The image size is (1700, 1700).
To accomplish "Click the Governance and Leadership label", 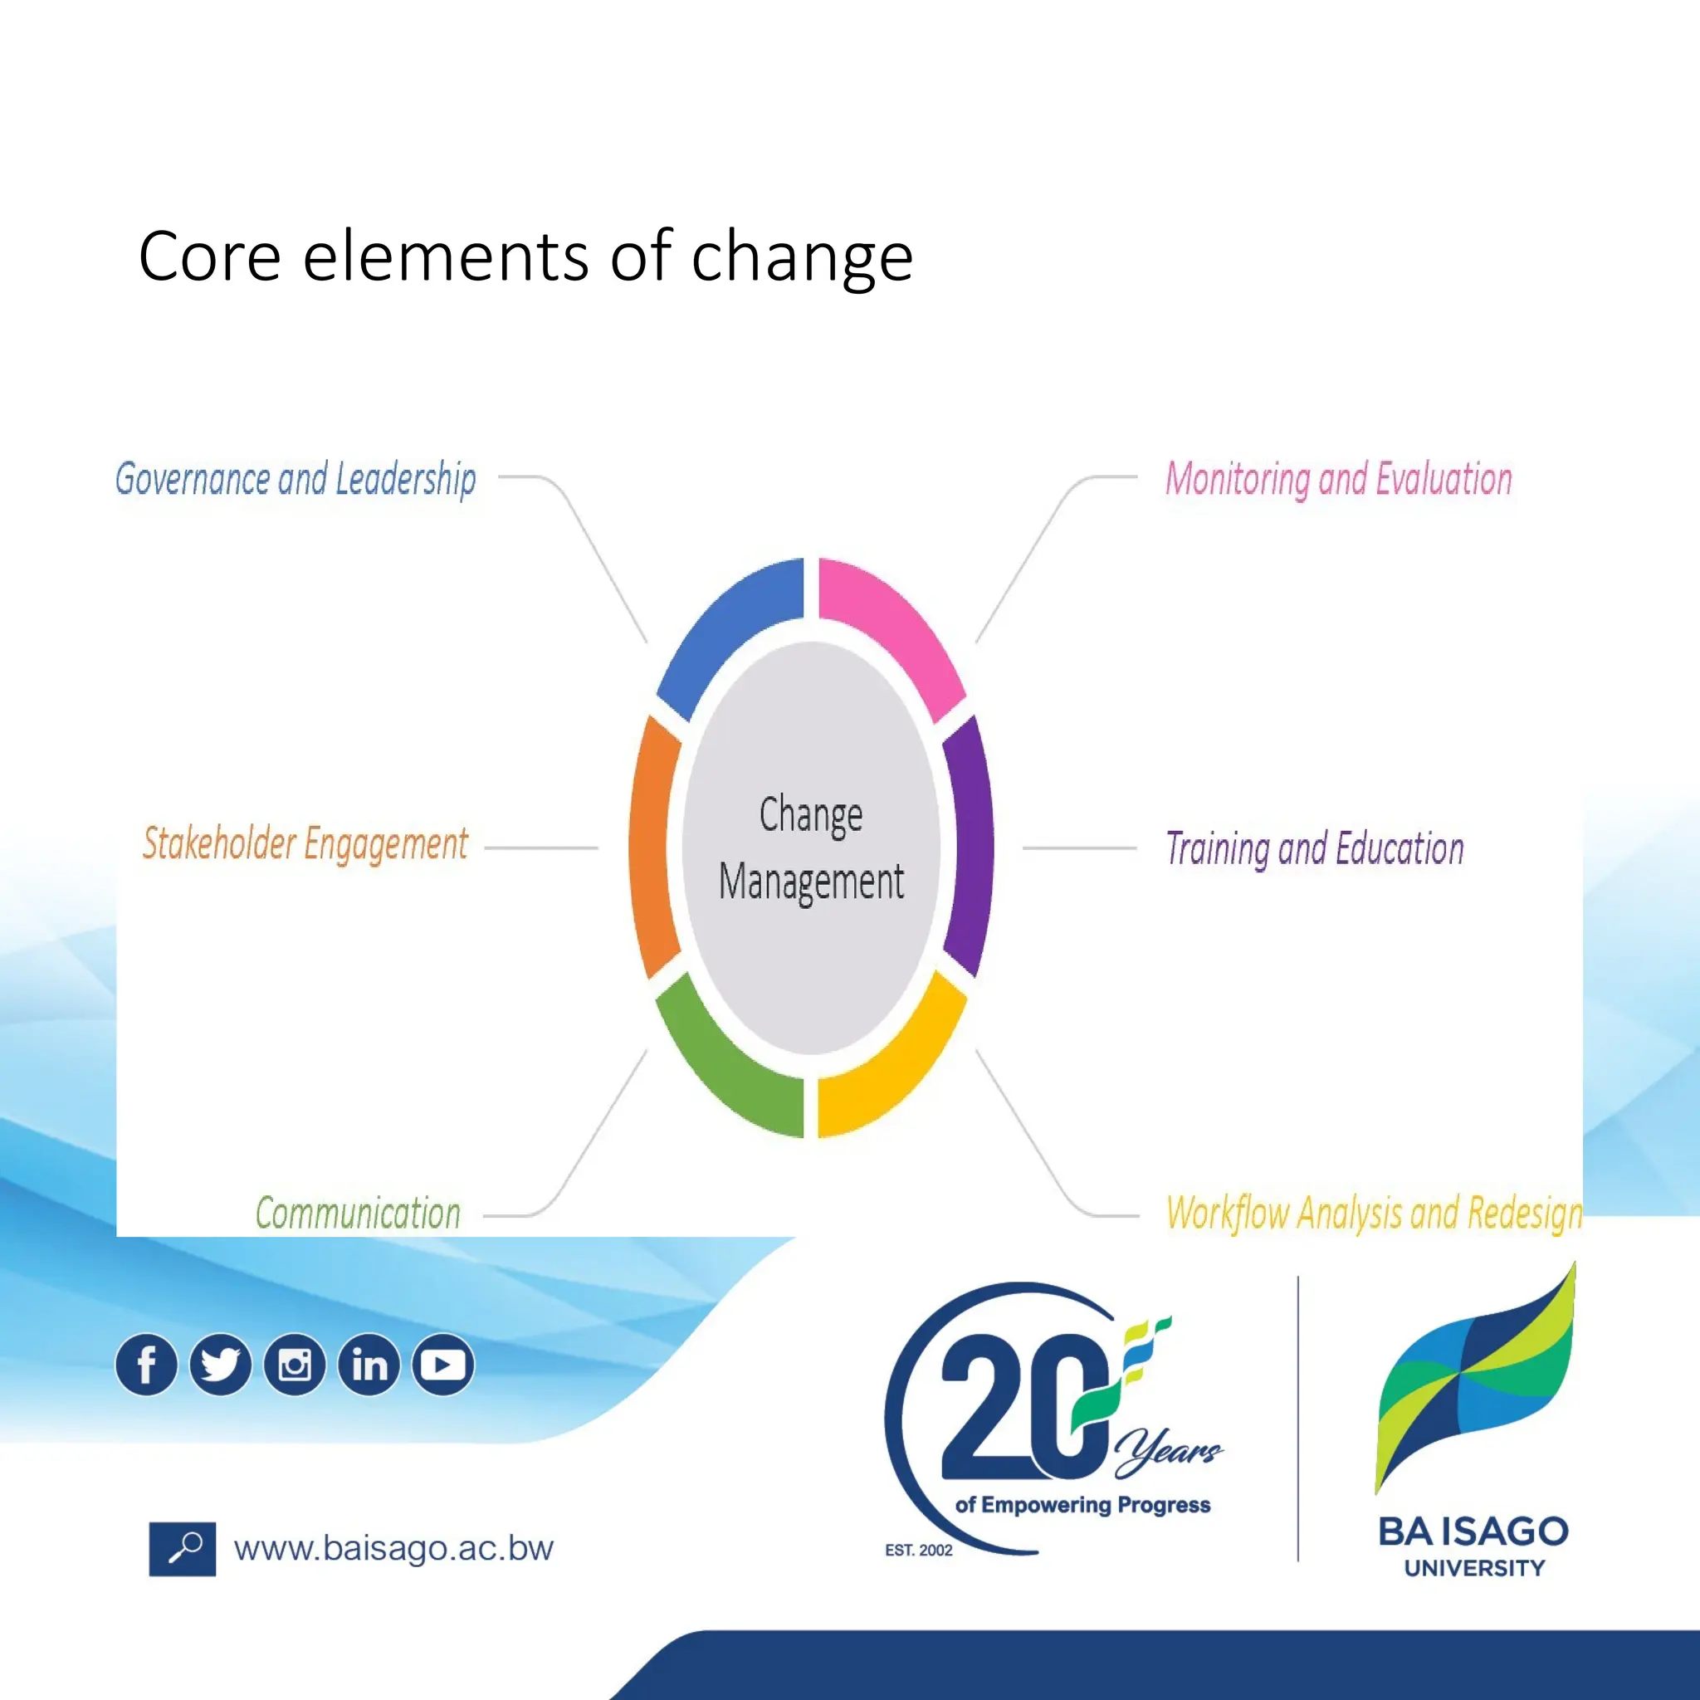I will [x=296, y=480].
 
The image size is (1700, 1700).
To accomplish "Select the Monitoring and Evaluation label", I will [x=1338, y=480].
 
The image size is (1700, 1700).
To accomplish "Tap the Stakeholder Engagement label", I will [x=305, y=844].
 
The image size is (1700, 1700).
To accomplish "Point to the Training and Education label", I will [x=1315, y=849].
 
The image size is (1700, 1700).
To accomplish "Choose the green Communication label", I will [x=358, y=1214].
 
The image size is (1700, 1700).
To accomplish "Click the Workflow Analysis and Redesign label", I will [x=1374, y=1214].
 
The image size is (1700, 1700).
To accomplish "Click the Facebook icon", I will [x=146, y=1365].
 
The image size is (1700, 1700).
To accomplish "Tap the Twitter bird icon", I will [x=220, y=1365].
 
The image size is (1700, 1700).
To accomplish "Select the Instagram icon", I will [x=295, y=1365].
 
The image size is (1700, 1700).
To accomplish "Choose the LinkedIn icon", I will [x=369, y=1365].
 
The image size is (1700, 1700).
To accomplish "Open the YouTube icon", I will [x=443, y=1365].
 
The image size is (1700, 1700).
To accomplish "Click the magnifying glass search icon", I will [x=182, y=1549].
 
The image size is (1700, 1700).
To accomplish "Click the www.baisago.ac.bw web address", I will [x=393, y=1549].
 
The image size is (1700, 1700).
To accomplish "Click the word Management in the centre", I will [x=811, y=882].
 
